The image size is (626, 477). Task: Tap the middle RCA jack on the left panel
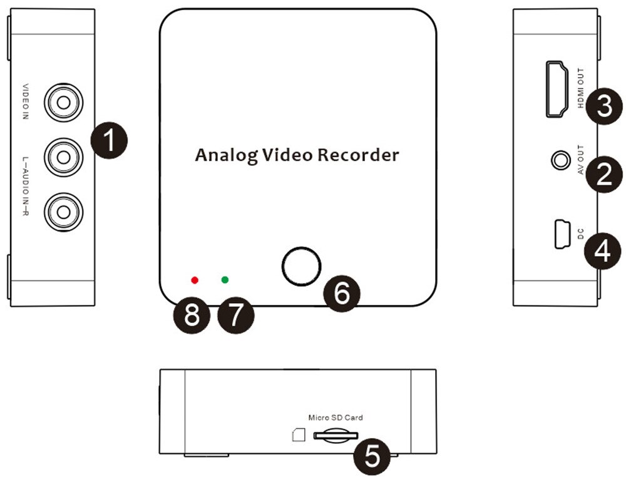coord(63,156)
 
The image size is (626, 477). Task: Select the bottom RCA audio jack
coord(63,211)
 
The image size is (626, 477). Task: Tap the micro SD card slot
coord(335,434)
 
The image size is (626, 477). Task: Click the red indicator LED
coord(195,280)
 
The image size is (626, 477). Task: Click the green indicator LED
coord(225,280)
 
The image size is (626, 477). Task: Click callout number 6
coord(342,292)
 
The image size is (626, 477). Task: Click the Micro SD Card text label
coord(335,417)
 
